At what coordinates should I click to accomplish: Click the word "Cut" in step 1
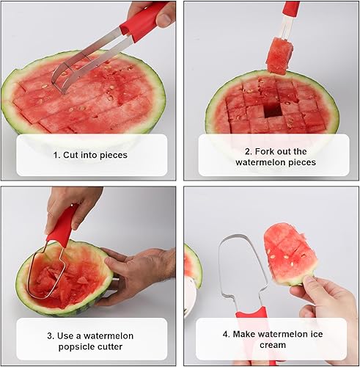[71, 155]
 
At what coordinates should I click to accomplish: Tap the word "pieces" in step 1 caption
[114, 156]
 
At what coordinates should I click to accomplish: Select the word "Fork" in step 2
[265, 151]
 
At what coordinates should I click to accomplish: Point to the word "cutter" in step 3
[110, 346]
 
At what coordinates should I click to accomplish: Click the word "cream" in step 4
[273, 345]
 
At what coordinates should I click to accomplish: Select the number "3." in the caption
[51, 336]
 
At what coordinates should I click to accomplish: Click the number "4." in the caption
[227, 334]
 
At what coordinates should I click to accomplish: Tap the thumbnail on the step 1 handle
[164, 20]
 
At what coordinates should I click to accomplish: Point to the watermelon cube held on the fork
[279, 56]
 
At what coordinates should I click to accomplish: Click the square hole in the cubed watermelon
[273, 111]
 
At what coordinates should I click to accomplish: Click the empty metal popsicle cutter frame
[221, 269]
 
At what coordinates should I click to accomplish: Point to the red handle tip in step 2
[291, 7]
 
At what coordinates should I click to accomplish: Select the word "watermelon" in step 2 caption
[260, 162]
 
